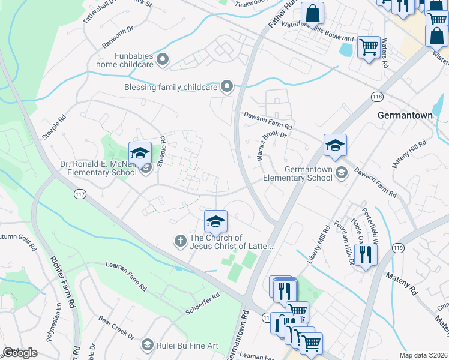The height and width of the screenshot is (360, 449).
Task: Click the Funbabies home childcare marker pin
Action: pos(163,59)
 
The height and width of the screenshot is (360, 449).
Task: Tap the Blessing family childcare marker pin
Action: pos(227,88)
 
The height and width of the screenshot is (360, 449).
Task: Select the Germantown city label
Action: pos(405,115)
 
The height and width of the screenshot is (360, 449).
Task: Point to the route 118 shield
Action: pos(377,97)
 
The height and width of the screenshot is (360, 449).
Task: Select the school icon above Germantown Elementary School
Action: pos(335,145)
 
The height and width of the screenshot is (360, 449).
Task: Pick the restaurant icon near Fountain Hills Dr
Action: pos(366,254)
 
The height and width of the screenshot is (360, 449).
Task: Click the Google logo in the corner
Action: pos(20,353)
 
